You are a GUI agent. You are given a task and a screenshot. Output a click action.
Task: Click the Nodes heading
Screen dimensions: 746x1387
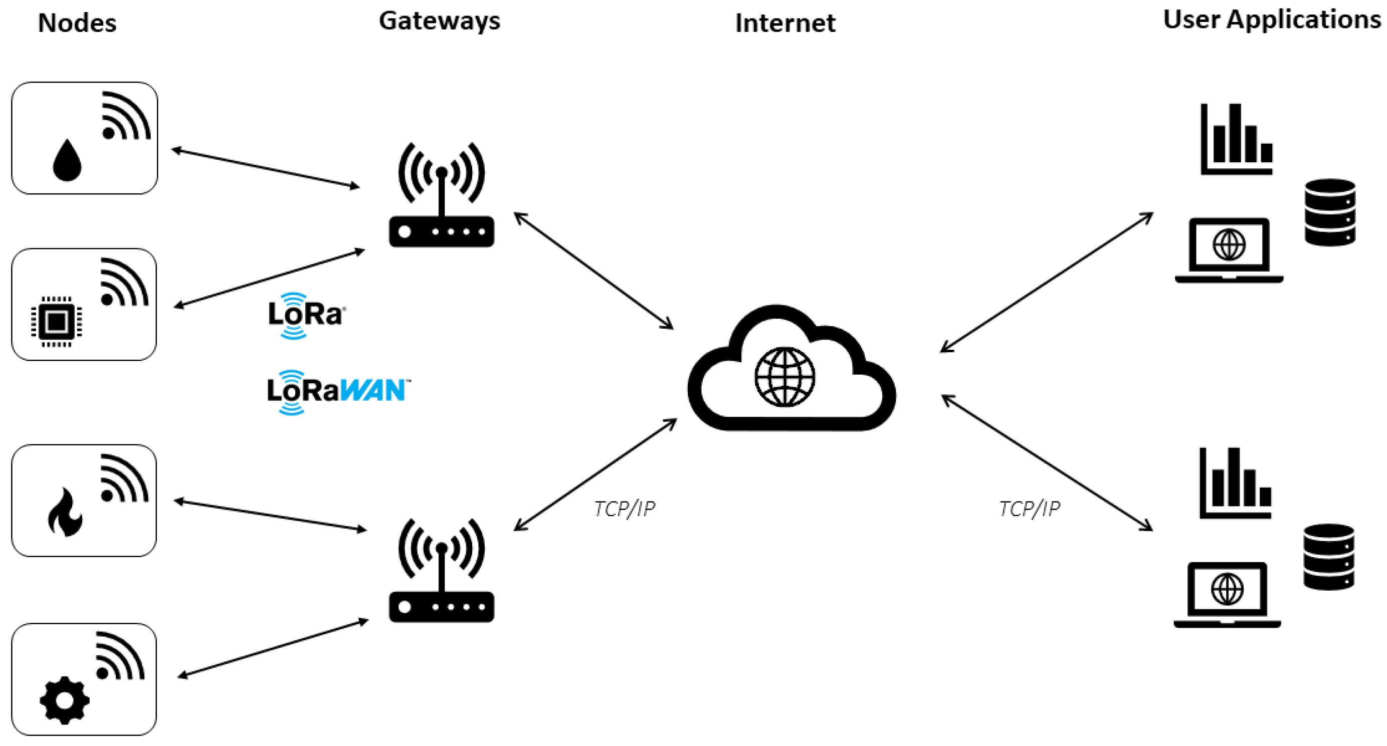pos(77,23)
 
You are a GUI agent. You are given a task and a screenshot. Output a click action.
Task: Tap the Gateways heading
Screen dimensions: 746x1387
pos(440,21)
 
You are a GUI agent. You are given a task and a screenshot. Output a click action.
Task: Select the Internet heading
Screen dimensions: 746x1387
pos(785,23)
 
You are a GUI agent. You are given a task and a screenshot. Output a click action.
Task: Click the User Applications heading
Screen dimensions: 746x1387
pos(1272,20)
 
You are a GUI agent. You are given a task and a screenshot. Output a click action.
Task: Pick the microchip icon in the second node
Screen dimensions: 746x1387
pos(57,322)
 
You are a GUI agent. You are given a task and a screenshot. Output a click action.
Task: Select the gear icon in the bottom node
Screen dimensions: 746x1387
pos(64,700)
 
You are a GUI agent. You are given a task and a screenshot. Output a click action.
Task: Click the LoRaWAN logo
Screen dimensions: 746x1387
pos(337,391)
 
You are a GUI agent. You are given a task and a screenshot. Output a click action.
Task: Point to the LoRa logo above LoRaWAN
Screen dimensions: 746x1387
pos(305,315)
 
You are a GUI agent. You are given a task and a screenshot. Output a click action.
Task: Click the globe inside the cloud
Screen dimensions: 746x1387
pos(784,377)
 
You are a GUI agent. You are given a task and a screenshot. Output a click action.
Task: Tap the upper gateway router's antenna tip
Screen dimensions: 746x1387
pos(442,172)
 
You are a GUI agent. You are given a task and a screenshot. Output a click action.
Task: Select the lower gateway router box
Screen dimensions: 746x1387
pos(442,607)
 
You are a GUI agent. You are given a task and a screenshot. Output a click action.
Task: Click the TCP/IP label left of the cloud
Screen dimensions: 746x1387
pos(625,509)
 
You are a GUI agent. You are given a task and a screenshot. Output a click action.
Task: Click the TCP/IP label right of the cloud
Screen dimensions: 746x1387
pos(1030,509)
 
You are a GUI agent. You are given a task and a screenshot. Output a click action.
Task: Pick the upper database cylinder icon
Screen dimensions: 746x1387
pos(1329,212)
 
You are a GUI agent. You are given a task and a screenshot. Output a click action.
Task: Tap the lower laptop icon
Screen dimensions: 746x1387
pos(1227,594)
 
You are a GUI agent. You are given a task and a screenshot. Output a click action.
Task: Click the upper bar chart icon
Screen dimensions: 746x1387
pos(1236,140)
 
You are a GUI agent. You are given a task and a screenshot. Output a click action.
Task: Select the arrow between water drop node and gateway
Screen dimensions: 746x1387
pos(265,168)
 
